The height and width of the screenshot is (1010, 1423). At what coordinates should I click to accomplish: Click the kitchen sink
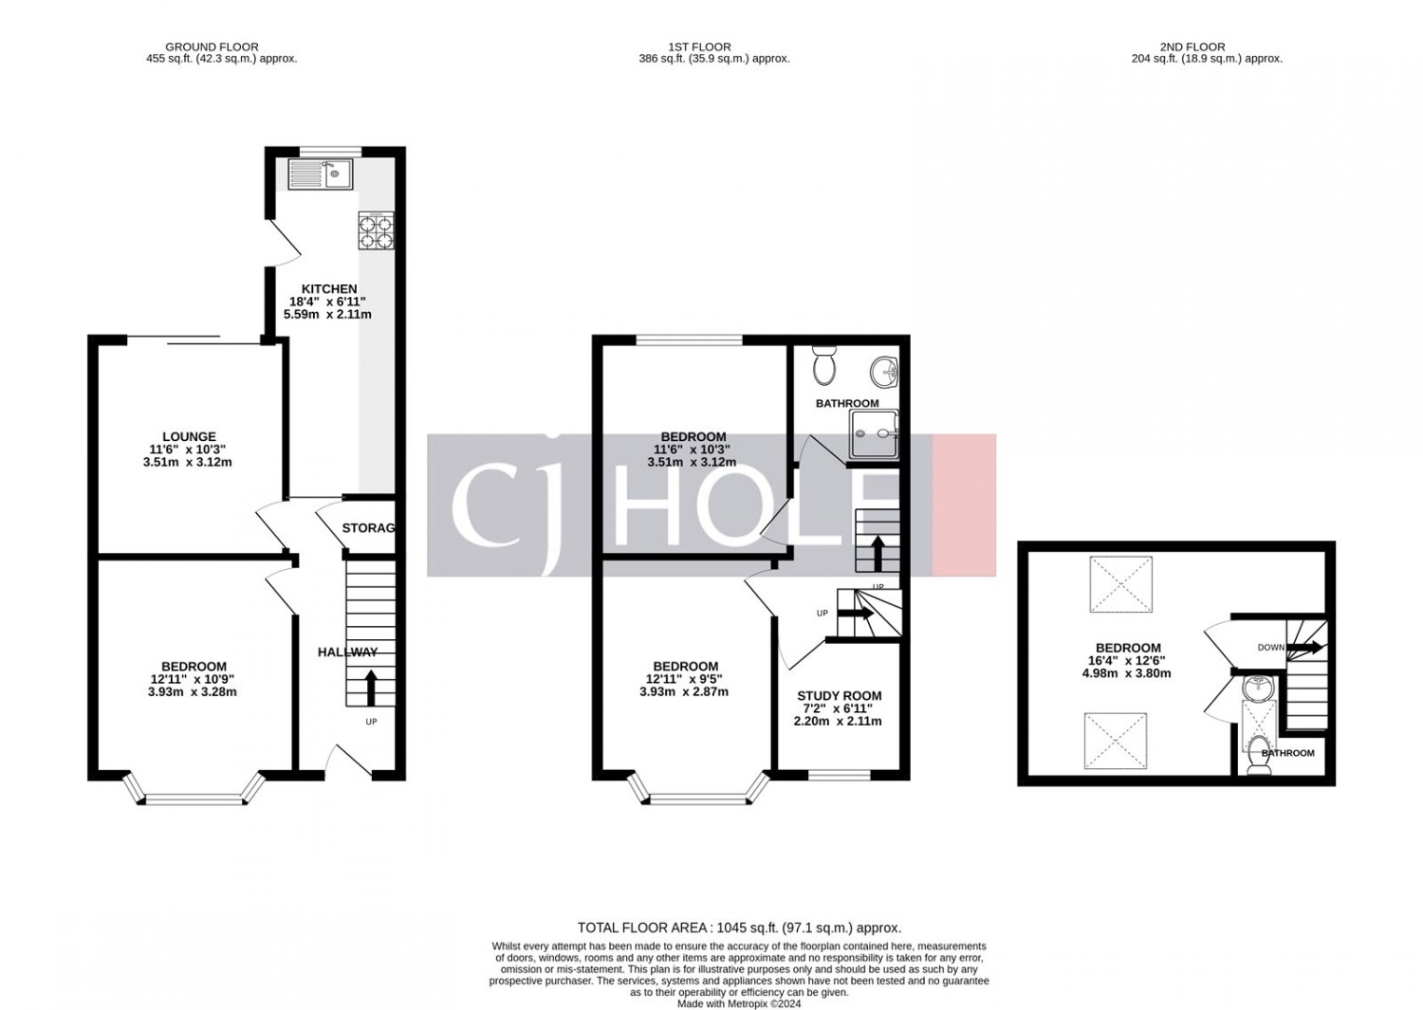pos(320,174)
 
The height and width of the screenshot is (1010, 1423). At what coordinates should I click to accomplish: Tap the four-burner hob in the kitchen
pos(376,230)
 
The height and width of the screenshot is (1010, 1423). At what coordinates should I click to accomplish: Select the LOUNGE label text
pos(190,437)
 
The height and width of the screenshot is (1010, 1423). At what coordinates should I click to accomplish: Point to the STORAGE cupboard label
pos(368,528)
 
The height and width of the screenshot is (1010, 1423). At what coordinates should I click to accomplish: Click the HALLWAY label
pos(347,652)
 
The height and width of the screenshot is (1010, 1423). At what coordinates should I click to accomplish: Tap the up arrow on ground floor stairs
pos(371,689)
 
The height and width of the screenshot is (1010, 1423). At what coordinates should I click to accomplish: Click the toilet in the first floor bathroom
pos(825,366)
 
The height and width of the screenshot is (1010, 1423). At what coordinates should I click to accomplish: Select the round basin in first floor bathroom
pos(883,372)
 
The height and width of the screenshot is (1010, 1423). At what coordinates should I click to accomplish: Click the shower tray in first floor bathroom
pos(875,433)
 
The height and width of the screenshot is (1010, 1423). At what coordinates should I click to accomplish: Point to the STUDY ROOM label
pos(840,696)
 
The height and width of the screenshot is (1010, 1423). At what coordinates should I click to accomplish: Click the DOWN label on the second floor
pos(1271,648)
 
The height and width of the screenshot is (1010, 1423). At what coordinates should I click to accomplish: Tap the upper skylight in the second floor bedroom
pos(1120,584)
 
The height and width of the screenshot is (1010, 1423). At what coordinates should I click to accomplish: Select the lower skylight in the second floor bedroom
pos(1116,742)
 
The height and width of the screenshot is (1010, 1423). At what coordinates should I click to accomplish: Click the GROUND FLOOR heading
pos(212,47)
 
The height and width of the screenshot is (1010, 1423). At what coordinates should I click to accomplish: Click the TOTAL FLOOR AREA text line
pos(739,927)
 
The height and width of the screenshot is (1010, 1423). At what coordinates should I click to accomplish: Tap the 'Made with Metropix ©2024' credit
pos(739,1004)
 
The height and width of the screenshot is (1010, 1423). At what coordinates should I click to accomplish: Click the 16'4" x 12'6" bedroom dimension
pos(1126,661)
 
